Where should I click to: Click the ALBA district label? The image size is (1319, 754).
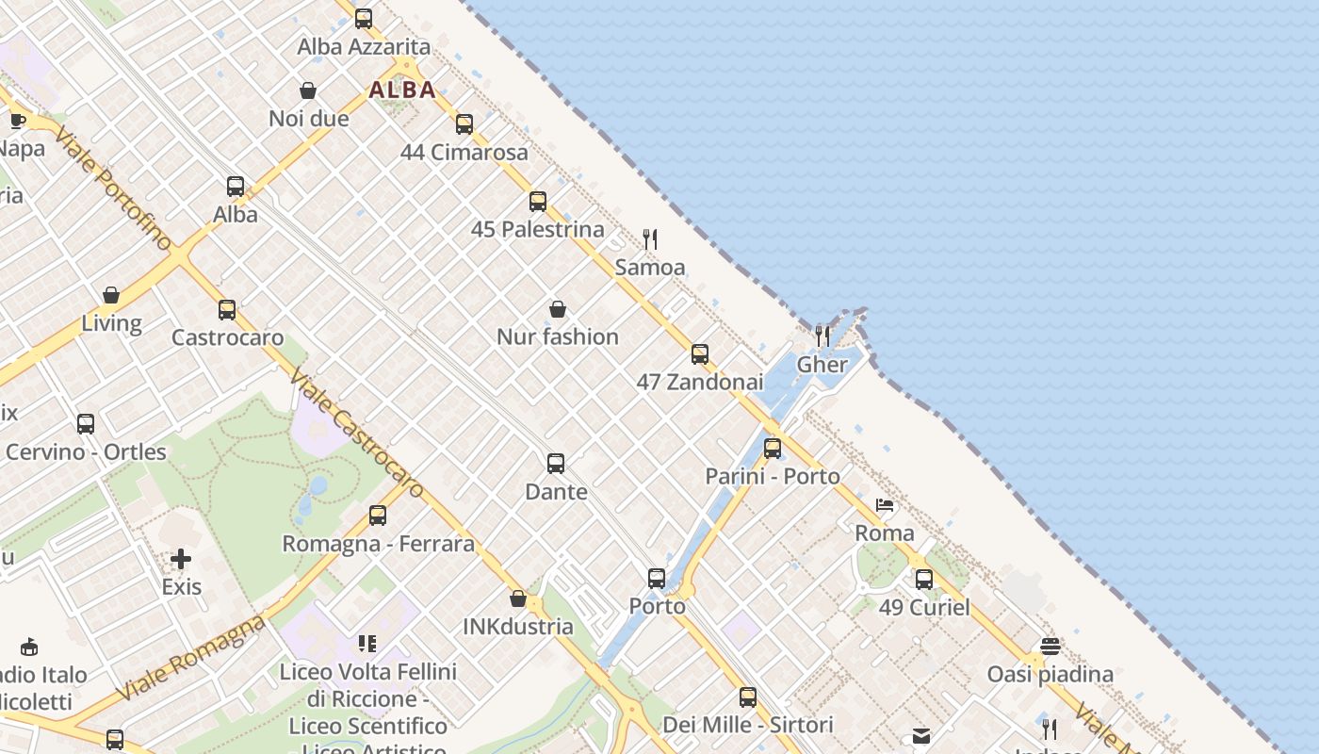(402, 90)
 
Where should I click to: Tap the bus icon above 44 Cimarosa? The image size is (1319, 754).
(464, 124)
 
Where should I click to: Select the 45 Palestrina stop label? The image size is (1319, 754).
(537, 229)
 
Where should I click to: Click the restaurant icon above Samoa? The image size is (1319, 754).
(649, 239)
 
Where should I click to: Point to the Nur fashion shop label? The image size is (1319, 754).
(558, 336)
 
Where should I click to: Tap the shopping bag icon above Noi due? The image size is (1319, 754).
(307, 90)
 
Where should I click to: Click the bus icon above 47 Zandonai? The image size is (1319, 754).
(699, 354)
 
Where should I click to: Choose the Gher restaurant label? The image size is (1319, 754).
(822, 365)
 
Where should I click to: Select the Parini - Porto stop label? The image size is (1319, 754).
(773, 476)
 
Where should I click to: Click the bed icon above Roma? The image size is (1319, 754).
(884, 505)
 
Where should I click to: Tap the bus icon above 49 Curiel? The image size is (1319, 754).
(923, 579)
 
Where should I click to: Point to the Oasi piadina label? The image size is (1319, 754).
(1050, 674)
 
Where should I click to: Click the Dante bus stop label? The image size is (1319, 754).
(556, 491)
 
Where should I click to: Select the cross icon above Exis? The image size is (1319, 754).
(181, 559)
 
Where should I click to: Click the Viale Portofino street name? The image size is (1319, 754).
(113, 188)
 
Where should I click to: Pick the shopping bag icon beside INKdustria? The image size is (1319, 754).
(517, 598)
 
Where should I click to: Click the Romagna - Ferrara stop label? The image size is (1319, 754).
(379, 544)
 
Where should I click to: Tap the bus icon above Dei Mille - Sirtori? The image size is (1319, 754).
(747, 697)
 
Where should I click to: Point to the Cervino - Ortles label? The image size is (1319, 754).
(86, 451)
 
